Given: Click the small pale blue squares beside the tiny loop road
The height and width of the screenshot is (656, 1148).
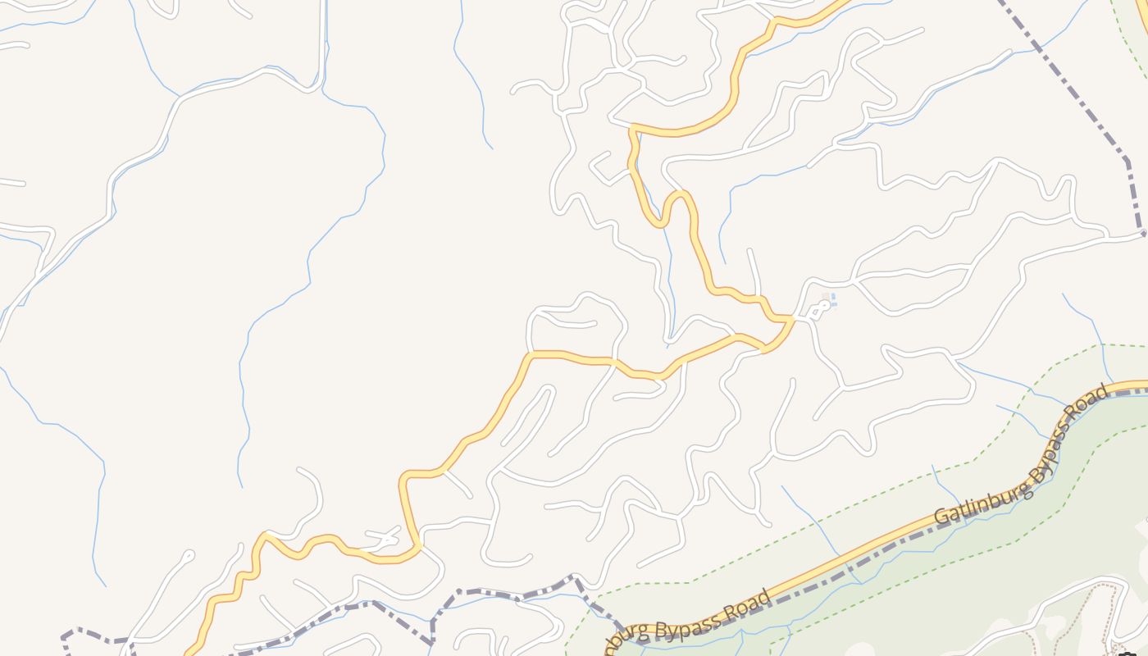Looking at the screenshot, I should [x=831, y=300].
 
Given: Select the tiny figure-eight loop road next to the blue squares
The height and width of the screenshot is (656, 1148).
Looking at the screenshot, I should [x=818, y=310].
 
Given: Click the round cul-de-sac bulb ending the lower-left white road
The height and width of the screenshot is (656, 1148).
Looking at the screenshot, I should [x=189, y=556].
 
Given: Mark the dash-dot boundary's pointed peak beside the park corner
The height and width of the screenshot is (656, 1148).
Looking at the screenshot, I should [x=576, y=580].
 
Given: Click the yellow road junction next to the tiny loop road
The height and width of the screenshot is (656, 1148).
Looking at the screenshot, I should [x=791, y=318].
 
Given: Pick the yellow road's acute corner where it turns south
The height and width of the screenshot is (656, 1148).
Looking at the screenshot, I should [x=632, y=127].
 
